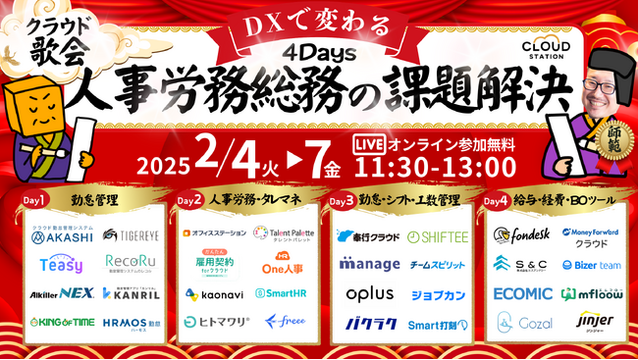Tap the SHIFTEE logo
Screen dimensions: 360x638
pyautogui.click(x=438, y=236)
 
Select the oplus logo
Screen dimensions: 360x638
pyautogui.click(x=369, y=293)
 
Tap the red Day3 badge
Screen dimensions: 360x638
pyautogui.click(x=342, y=200)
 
